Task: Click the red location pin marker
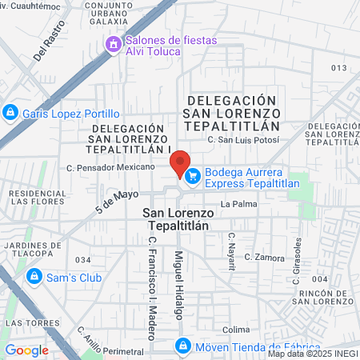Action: click(x=181, y=163)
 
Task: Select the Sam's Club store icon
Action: click(x=34, y=277)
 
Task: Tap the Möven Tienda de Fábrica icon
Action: click(x=182, y=346)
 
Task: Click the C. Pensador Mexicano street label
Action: click(x=110, y=167)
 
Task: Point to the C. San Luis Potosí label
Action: click(x=243, y=140)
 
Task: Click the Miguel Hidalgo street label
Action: click(x=178, y=283)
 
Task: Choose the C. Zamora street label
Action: click(x=265, y=258)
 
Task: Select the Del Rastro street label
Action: click(x=48, y=46)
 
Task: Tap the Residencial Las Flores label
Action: click(x=37, y=197)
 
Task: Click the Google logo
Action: click(x=26, y=350)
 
